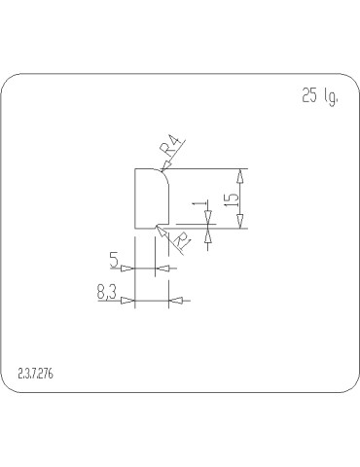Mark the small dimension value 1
(198, 206)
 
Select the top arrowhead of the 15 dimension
(240, 173)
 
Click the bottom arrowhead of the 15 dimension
(240, 225)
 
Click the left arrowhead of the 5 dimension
(129, 268)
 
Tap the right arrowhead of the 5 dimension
(162, 268)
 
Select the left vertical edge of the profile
(134, 198)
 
